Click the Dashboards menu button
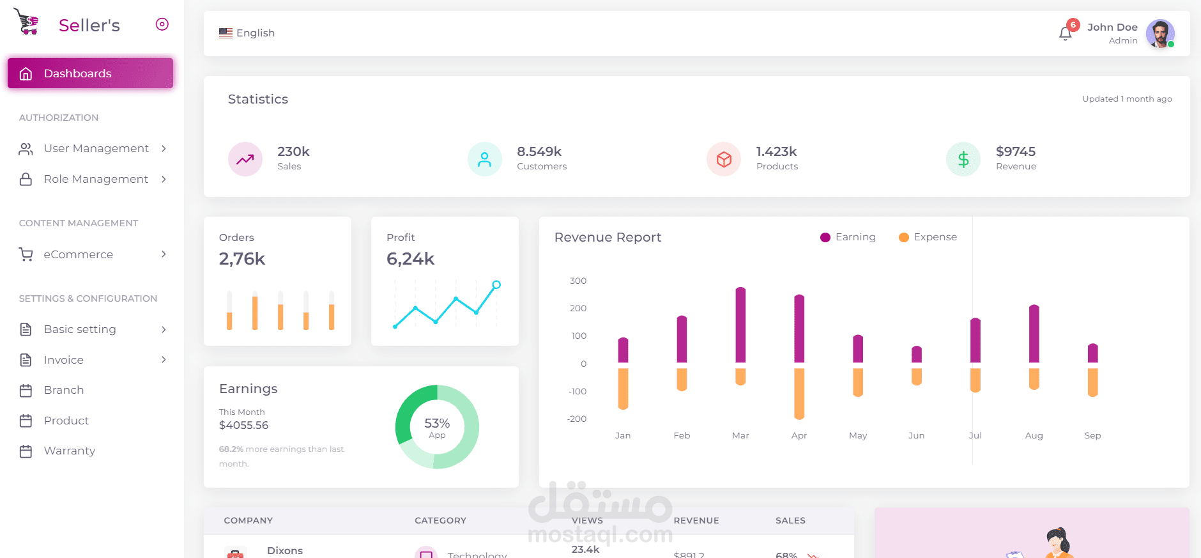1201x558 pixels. click(x=90, y=74)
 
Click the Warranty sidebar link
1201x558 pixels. click(x=69, y=451)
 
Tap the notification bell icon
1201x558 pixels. click(x=1065, y=33)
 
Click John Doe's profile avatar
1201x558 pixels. click(x=1160, y=33)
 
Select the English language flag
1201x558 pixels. click(x=226, y=33)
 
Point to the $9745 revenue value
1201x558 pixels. click(x=1015, y=151)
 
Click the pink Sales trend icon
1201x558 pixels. click(x=245, y=159)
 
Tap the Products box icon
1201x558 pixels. click(x=724, y=159)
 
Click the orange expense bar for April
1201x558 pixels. click(x=799, y=393)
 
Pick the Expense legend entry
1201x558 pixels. click(x=928, y=237)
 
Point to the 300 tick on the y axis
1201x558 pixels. click(x=578, y=281)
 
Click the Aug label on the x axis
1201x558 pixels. click(x=1034, y=435)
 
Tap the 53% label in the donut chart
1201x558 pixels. click(x=437, y=423)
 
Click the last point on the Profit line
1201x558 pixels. click(x=496, y=284)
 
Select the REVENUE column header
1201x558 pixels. click(x=696, y=520)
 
